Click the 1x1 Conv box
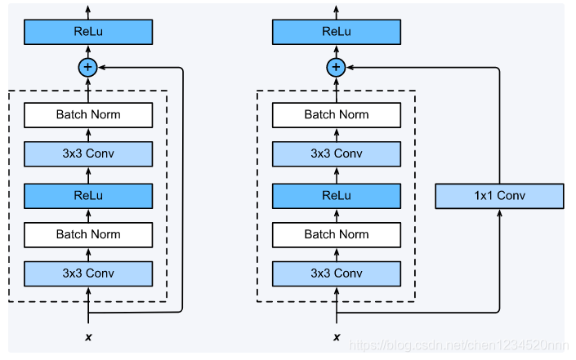(x=499, y=196)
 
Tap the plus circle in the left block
(x=87, y=67)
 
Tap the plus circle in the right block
(x=336, y=67)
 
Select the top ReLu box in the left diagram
(x=88, y=32)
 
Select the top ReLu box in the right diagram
(x=337, y=32)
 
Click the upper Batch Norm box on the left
(x=88, y=115)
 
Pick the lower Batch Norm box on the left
(x=88, y=234)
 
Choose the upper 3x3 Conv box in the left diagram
(x=88, y=153)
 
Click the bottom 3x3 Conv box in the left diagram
(x=88, y=273)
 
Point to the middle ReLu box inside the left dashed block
(x=88, y=196)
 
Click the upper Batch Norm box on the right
(x=337, y=115)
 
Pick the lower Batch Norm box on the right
(x=337, y=234)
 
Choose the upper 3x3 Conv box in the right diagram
(x=337, y=153)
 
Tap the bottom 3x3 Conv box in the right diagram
(x=337, y=273)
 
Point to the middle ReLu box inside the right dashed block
(x=337, y=196)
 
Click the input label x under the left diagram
(x=88, y=337)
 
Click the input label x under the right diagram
(x=337, y=337)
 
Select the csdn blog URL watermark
(x=458, y=345)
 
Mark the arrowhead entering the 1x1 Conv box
(x=499, y=212)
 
